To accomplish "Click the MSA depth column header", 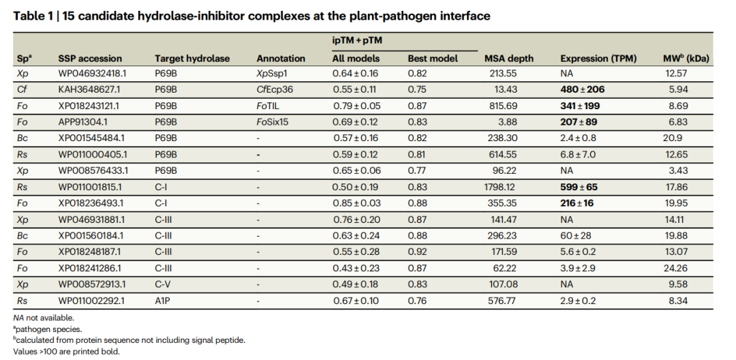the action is [x=509, y=59].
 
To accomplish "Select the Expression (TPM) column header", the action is [x=598, y=59].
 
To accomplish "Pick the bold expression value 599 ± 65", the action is [x=579, y=187].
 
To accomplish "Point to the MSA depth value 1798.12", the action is [x=500, y=187].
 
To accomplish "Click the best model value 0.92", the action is [x=417, y=252].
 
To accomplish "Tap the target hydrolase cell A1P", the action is [x=162, y=301].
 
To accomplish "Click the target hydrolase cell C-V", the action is [x=162, y=284].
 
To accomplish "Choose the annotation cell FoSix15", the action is [x=272, y=122].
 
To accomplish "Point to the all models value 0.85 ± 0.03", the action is [x=356, y=203].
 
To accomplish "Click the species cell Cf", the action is [x=22, y=89].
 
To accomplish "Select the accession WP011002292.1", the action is [x=89, y=301].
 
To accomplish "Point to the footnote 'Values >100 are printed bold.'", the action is [x=66, y=352].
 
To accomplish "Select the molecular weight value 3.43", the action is [x=679, y=171].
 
